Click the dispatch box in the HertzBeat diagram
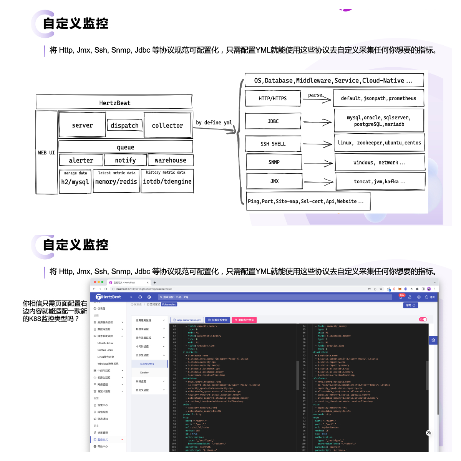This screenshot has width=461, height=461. tap(124, 126)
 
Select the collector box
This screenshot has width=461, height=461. tap(167, 125)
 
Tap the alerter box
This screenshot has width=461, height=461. tap(81, 160)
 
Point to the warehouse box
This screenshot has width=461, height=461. tap(170, 160)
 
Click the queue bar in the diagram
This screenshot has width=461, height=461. tap(126, 147)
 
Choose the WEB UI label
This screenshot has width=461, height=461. tap(46, 153)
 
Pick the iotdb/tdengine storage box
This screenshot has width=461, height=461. tap(167, 181)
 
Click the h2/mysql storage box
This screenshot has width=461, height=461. tap(75, 181)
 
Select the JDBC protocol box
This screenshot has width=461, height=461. tap(273, 121)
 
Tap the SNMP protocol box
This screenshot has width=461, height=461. tap(274, 162)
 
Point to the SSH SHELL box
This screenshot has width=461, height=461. tap(273, 144)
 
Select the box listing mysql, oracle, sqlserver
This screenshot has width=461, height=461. tap(379, 121)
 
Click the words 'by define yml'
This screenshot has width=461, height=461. tap(214, 123)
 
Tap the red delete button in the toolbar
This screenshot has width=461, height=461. tap(244, 320)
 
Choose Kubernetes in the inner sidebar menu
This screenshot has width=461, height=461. tap(147, 364)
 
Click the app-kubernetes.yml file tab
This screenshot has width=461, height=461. tap(187, 320)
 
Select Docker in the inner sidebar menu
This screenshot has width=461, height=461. tap(144, 373)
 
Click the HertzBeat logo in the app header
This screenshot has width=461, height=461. tap(108, 297)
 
